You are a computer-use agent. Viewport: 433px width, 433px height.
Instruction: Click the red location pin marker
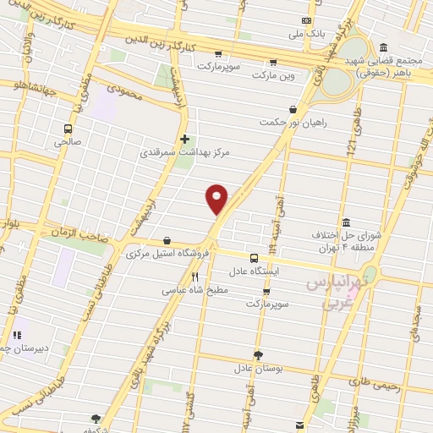[x=217, y=198]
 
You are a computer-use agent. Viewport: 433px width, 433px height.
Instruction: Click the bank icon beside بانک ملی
[x=305, y=21]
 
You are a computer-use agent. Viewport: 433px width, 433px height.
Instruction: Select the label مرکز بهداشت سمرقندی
[x=184, y=154]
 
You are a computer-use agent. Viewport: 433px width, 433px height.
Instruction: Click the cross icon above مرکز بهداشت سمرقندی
[x=184, y=139]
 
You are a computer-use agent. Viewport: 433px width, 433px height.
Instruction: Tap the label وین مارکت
[x=272, y=75]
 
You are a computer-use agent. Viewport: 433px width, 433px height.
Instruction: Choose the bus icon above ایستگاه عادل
[x=254, y=258]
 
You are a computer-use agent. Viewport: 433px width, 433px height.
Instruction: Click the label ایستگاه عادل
[x=254, y=272]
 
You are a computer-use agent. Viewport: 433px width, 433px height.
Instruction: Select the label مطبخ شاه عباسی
[x=195, y=289]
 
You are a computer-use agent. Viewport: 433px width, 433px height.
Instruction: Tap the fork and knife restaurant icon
[x=195, y=276]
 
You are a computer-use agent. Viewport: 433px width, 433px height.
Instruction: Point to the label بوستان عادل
[x=257, y=370]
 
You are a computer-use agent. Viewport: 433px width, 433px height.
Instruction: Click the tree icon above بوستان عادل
[x=257, y=355]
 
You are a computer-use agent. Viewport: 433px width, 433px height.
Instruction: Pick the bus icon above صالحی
[x=68, y=129]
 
